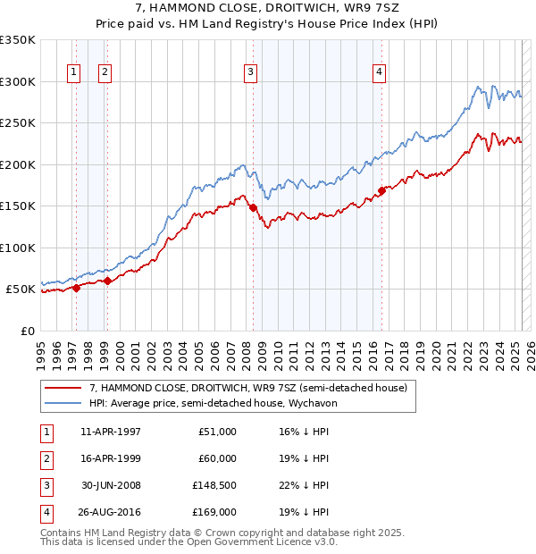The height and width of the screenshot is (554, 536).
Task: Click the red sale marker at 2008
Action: coord(253,207)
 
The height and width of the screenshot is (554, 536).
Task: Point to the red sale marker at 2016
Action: coord(381,190)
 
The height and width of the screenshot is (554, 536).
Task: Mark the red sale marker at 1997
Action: coord(76,288)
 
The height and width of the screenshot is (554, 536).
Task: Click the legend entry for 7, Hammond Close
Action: coord(247,388)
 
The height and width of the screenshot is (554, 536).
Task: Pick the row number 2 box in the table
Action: coord(44,458)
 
